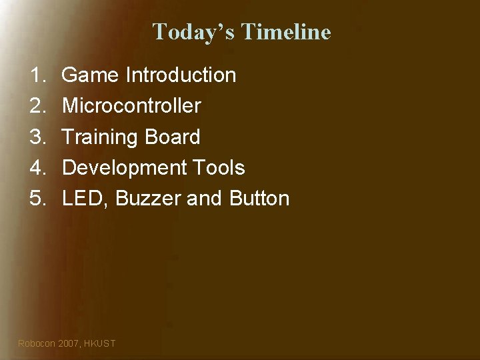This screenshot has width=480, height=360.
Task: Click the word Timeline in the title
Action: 287,31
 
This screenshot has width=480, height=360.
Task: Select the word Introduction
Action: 181,75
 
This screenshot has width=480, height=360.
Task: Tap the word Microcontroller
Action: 131,106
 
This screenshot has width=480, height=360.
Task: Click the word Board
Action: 174,137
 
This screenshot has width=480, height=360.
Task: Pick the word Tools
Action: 220,168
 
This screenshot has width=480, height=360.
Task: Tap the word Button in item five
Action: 259,199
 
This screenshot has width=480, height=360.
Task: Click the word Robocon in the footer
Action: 37,343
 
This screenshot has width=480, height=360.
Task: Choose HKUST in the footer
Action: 101,343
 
